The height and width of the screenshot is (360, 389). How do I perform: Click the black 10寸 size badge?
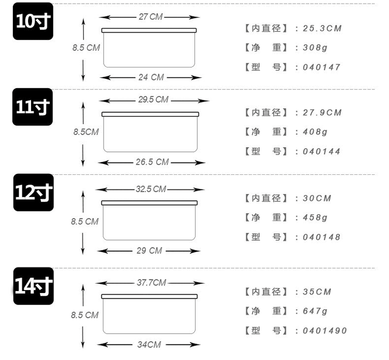(33, 21)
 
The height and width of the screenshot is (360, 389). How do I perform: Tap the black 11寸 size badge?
(33, 107)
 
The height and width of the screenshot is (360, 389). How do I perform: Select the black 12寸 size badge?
(34, 192)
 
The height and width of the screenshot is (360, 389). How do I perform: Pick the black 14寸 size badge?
(34, 286)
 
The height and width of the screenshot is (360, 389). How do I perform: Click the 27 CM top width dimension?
(150, 17)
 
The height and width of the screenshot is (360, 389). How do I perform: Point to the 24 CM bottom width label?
(151, 77)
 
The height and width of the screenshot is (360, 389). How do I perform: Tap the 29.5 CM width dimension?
(154, 100)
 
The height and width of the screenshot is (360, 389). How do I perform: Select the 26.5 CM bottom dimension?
(152, 162)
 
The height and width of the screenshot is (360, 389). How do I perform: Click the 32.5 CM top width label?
(151, 189)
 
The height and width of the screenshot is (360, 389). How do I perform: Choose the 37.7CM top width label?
(151, 283)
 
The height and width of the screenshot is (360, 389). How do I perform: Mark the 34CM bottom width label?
(149, 344)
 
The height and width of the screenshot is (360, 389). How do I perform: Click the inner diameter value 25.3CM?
(322, 29)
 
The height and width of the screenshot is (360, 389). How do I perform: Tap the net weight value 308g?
(315, 47)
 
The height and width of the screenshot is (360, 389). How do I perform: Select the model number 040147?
(321, 67)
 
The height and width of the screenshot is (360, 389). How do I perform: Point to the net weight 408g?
(315, 132)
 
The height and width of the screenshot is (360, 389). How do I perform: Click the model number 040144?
(321, 151)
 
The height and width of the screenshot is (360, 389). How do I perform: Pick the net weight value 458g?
(315, 217)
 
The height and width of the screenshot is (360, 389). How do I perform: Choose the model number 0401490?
(325, 330)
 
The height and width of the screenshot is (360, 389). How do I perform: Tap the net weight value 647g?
(315, 311)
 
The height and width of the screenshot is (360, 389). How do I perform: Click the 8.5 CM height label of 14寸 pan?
(85, 315)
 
